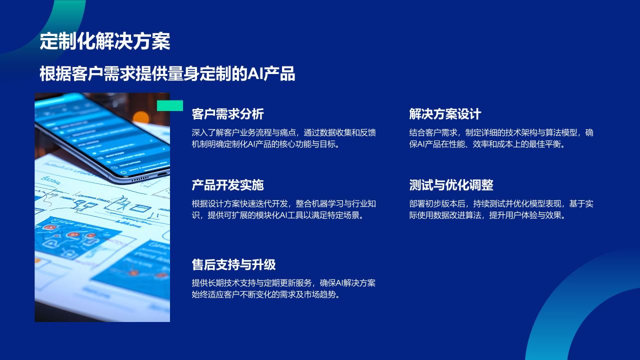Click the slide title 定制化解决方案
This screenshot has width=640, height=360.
point(105,41)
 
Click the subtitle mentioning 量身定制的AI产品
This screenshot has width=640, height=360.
point(167,74)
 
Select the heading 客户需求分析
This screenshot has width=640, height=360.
point(227,114)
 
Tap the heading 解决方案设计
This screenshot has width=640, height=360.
point(445,114)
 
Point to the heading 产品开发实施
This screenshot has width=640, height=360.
point(227,185)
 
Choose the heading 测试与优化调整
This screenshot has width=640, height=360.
point(451,185)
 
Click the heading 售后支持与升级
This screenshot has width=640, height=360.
point(233,264)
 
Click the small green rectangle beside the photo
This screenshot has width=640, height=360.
point(170,105)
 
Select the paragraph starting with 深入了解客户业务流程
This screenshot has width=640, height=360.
point(283,138)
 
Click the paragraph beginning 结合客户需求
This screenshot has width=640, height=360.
point(501,138)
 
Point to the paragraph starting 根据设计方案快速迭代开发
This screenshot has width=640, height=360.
point(283,209)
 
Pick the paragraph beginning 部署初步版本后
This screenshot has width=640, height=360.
point(501,209)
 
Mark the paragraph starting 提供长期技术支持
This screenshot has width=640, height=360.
point(283,288)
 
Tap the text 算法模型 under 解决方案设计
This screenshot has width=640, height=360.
point(560,133)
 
